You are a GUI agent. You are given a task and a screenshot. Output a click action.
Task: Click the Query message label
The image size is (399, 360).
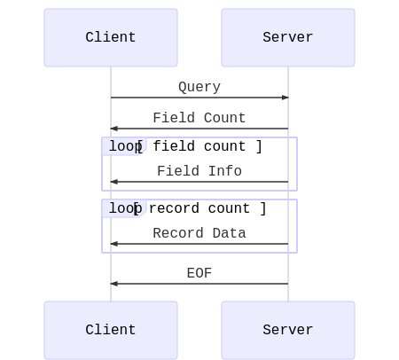point(199,87)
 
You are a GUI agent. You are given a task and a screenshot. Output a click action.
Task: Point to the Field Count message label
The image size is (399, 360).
point(199,118)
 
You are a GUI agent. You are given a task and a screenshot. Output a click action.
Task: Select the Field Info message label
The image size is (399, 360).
point(199,171)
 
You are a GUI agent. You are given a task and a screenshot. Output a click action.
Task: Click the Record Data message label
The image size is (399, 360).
point(199,233)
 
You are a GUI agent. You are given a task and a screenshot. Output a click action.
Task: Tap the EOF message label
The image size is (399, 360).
point(199,273)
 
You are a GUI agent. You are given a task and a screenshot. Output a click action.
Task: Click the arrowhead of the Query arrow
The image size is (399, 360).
point(286,98)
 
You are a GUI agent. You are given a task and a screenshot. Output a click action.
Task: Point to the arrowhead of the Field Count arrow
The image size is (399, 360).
point(113,129)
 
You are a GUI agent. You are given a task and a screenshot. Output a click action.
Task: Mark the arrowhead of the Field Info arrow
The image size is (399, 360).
point(113,182)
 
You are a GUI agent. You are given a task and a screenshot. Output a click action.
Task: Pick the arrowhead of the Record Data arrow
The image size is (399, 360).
point(113,244)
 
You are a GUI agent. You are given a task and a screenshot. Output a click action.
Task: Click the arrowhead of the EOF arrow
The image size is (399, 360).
point(113,284)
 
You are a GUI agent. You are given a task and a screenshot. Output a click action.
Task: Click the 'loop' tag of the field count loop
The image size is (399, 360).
point(121,146)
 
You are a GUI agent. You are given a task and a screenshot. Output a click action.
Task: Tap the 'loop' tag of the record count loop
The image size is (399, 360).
point(121,208)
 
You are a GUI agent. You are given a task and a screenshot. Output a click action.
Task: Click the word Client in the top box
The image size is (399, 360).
point(111,37)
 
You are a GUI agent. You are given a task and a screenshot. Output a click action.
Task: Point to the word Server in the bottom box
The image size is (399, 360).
point(288,330)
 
